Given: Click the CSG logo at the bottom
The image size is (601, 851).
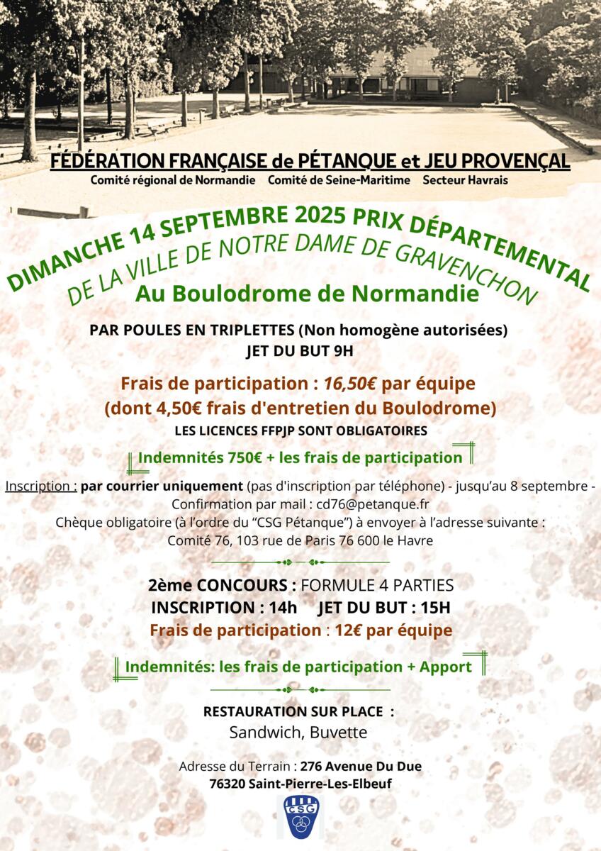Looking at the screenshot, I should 300,816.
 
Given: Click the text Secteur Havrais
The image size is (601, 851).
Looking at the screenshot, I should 465,180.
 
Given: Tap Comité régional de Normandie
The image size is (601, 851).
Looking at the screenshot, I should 173,180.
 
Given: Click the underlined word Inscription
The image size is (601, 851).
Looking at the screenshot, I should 40,486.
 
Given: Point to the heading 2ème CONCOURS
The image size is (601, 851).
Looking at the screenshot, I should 223,586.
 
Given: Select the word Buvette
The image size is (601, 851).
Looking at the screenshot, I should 339,733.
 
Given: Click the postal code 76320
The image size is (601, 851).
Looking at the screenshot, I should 228,784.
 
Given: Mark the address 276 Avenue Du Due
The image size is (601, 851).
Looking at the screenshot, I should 361,767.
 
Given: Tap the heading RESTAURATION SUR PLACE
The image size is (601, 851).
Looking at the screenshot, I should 298,711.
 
